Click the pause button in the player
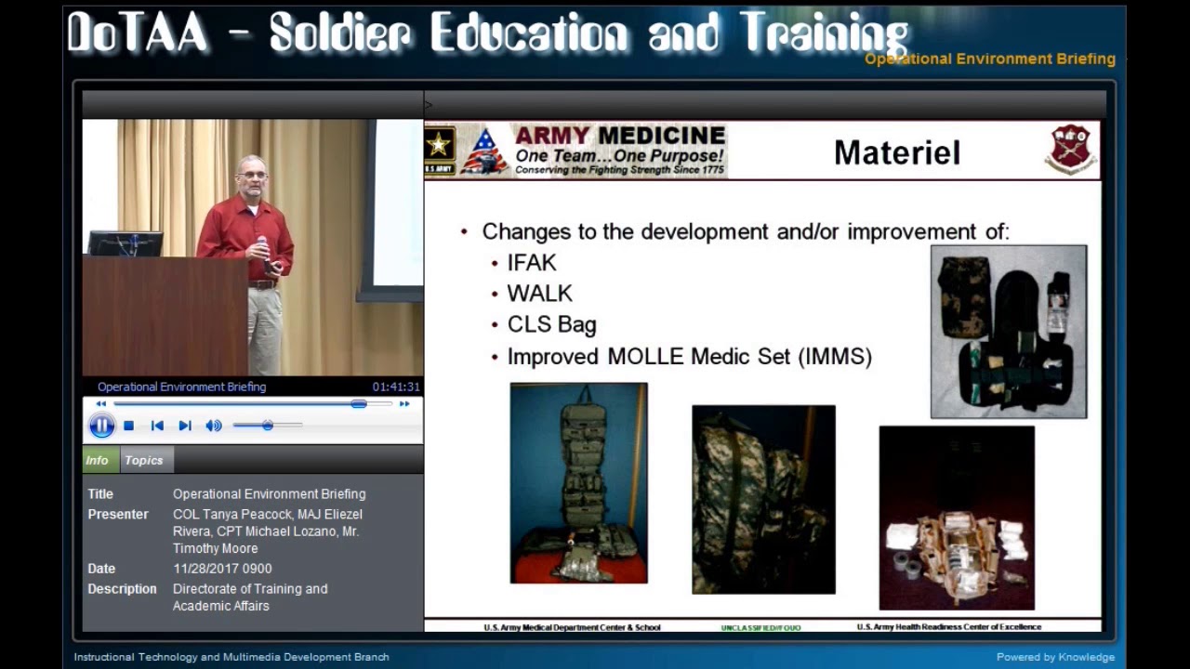[x=101, y=426]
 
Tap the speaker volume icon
[x=213, y=426]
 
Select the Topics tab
[x=143, y=460]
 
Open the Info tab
[x=97, y=460]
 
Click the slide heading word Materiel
[x=896, y=153]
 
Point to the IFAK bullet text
[x=532, y=263]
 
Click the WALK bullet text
[x=539, y=294]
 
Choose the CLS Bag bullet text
[x=551, y=324]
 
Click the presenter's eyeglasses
[x=251, y=175]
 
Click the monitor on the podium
[x=125, y=243]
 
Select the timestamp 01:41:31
[x=396, y=387]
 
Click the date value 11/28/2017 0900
[x=222, y=569]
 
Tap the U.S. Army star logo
[x=440, y=145]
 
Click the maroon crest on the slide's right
[x=1071, y=149]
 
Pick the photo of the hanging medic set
[x=578, y=483]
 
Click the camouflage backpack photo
[x=763, y=499]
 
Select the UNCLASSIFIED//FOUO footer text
[x=760, y=628]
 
